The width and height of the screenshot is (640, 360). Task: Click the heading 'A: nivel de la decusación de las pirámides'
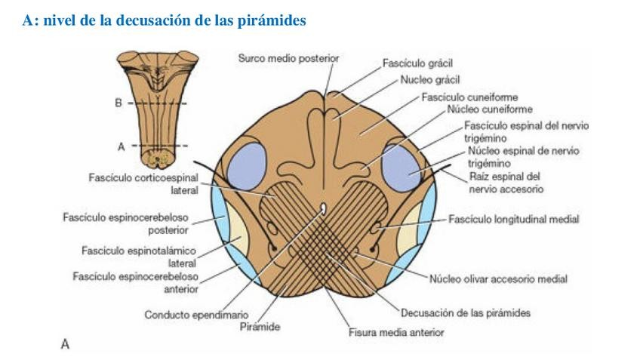[x=164, y=21]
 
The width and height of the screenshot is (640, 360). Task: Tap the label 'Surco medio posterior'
[x=288, y=57]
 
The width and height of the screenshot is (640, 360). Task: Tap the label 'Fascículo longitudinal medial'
[x=503, y=220]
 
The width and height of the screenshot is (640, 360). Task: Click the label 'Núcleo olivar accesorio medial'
[x=498, y=278]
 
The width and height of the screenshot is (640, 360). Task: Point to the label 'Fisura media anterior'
[x=395, y=331]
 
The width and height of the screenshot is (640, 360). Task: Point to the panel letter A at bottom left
[x=65, y=344]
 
